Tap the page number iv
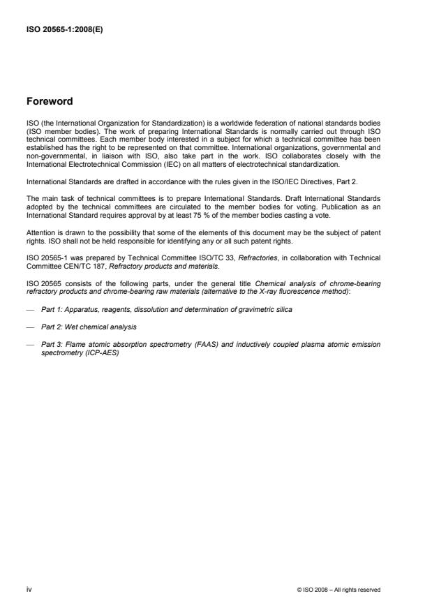click(x=29, y=589)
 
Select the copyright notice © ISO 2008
click(x=338, y=590)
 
